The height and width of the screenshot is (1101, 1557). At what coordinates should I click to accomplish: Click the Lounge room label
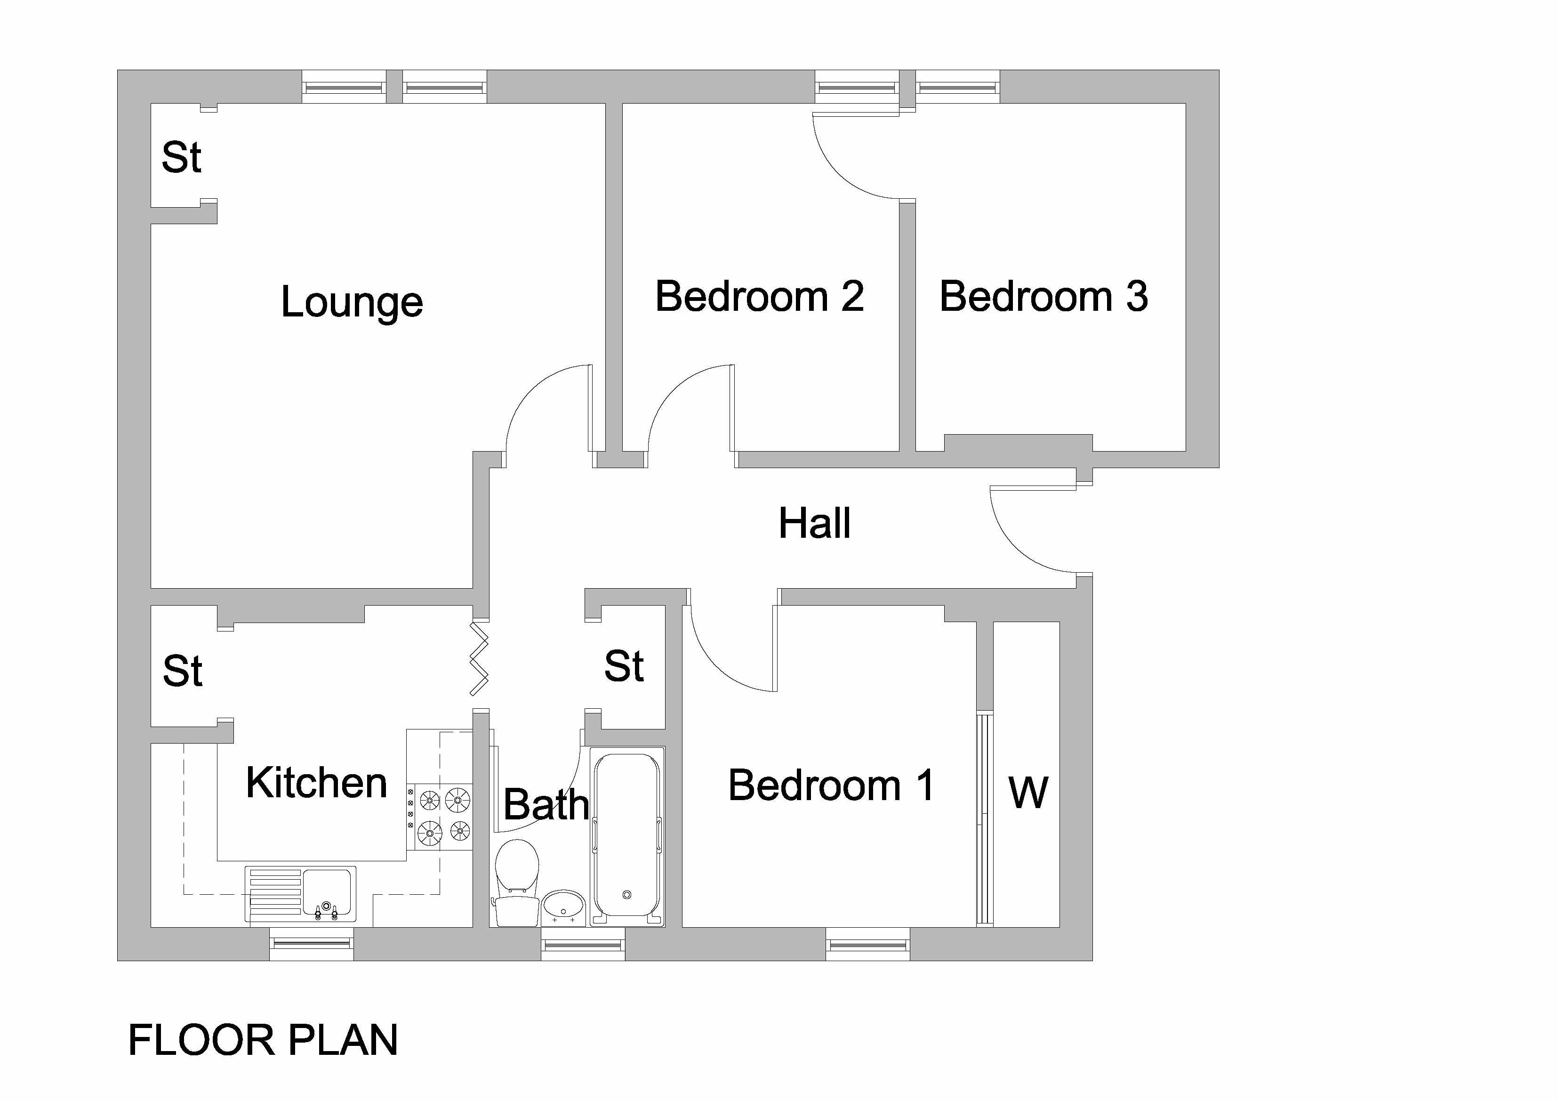click(x=352, y=302)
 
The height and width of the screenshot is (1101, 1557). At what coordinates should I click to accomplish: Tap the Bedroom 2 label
click(x=760, y=297)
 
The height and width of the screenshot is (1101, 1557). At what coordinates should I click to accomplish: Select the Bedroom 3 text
click(x=1043, y=297)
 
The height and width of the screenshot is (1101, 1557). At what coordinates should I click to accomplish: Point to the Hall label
click(x=814, y=523)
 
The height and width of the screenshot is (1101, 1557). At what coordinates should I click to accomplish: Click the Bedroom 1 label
click(x=831, y=785)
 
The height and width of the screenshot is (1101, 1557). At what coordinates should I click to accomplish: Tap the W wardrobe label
click(x=1028, y=793)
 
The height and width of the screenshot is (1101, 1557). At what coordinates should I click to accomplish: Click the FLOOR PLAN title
click(x=263, y=1041)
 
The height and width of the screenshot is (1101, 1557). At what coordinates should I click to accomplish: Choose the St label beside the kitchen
click(x=183, y=672)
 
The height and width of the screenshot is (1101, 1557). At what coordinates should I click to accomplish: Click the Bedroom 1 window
click(x=867, y=944)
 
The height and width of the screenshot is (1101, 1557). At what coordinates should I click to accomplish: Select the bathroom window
click(x=583, y=944)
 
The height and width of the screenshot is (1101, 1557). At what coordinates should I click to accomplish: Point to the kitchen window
click(x=311, y=944)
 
